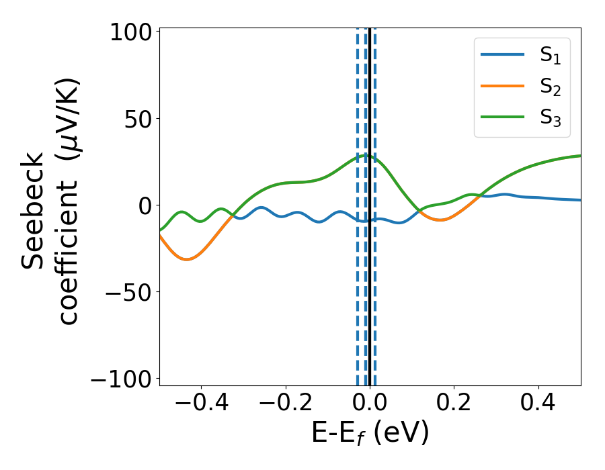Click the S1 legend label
pos(551,56)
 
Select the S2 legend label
pos(551,87)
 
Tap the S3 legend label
pos(551,117)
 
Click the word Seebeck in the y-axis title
pos(34,211)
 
